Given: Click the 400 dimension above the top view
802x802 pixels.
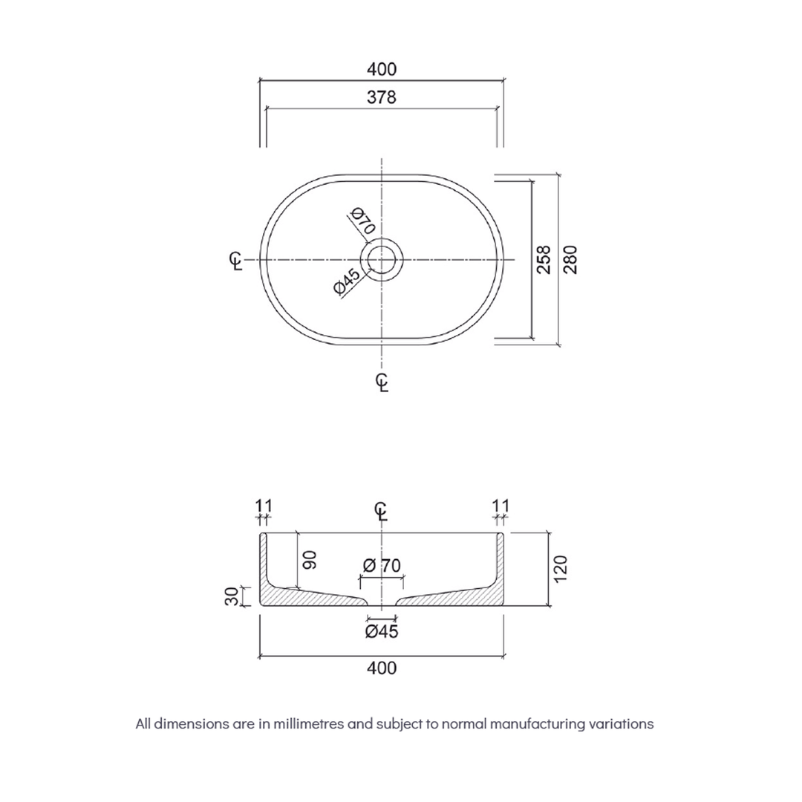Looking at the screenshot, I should (382, 69).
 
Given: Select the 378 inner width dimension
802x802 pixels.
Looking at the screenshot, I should (382, 97).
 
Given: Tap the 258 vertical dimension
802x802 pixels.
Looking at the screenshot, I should (544, 259).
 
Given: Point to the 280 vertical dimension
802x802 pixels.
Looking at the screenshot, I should (570, 259).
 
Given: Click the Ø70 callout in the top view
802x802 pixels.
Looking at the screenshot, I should (362, 222).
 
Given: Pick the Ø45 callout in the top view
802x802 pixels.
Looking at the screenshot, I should (347, 283).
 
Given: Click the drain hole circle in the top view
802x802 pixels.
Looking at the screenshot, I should (382, 260).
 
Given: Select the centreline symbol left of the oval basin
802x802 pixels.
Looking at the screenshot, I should (235, 261).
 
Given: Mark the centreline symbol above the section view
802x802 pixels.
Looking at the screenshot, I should (381, 512).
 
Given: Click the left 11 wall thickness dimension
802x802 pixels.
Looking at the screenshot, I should (263, 506).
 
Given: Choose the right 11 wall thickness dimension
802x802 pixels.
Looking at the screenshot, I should (501, 506).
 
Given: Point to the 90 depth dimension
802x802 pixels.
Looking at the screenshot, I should (310, 559).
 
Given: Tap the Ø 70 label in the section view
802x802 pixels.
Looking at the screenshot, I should (382, 565).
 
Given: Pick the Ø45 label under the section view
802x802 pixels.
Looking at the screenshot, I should (382, 632).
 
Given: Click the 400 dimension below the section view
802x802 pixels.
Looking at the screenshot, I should (382, 668).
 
